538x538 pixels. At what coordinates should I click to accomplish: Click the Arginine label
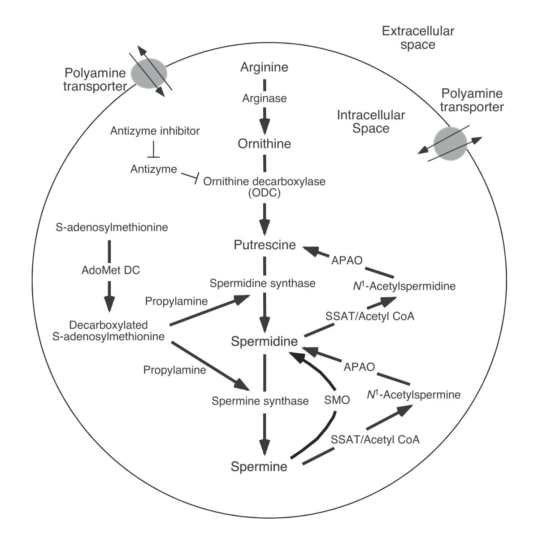click(264, 67)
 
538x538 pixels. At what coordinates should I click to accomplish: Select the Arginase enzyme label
click(264, 98)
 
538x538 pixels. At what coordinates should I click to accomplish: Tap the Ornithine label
click(264, 143)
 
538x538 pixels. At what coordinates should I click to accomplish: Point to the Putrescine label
click(265, 245)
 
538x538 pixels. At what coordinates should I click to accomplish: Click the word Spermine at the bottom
click(259, 466)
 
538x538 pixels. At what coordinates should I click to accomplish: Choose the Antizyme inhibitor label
click(155, 131)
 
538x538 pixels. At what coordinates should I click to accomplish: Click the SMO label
click(337, 400)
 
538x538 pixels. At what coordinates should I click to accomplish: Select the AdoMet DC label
click(111, 270)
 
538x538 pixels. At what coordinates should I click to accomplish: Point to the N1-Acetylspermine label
click(413, 395)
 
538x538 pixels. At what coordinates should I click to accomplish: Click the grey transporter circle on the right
click(450, 143)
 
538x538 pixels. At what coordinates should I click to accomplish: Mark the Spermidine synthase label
click(262, 283)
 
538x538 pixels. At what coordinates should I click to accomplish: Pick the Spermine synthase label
click(260, 401)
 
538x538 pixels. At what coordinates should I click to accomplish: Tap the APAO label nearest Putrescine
click(346, 260)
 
